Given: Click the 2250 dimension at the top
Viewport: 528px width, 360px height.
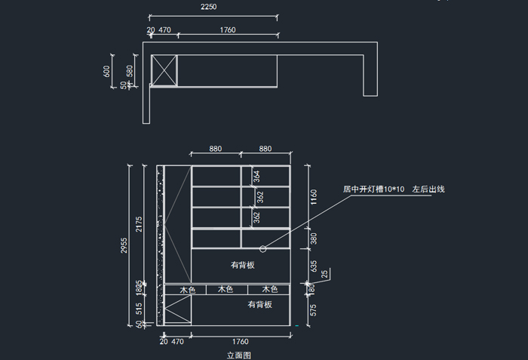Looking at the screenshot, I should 209,7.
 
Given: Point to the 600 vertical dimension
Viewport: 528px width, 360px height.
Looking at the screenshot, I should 107,71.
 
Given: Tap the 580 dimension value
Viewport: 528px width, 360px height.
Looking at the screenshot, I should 130,72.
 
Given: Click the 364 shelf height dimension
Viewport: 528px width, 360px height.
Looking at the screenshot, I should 256,177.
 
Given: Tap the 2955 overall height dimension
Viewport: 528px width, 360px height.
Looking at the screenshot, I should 123,246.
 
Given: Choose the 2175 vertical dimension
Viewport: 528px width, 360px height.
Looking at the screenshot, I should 139,224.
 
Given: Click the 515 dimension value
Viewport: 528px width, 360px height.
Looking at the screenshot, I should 139,308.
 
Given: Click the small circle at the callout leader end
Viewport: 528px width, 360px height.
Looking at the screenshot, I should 262,248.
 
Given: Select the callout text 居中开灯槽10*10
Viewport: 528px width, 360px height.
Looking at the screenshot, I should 373,189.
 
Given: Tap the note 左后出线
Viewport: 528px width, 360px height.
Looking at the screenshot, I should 428,189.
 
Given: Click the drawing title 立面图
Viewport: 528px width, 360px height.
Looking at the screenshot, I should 238,354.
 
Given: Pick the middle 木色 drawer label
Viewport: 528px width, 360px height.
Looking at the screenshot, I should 226,289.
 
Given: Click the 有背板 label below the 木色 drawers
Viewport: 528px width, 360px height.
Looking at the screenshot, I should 260,304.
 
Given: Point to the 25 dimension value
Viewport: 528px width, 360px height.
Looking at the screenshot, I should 324,274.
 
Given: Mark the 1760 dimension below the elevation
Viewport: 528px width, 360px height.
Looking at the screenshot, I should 241,342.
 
